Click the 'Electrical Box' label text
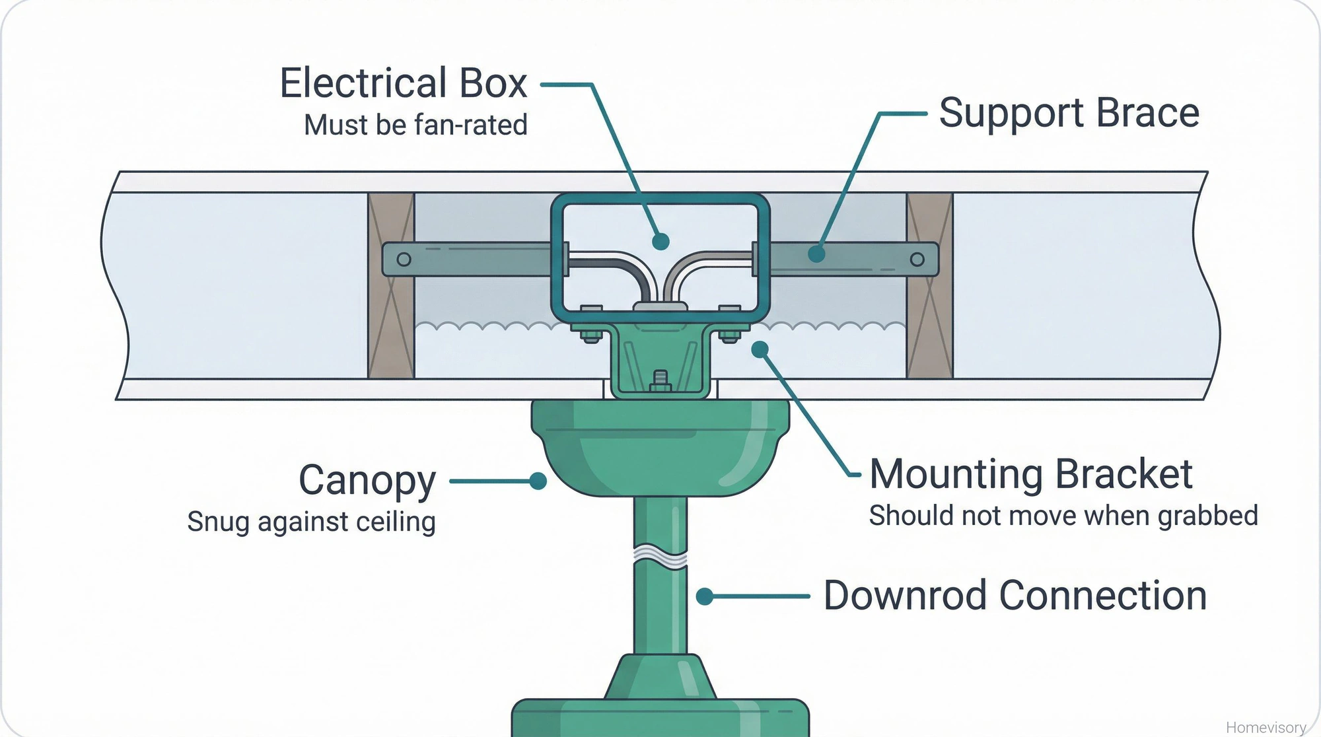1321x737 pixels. click(403, 83)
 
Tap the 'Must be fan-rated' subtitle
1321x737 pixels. click(415, 125)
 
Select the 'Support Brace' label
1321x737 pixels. click(1069, 113)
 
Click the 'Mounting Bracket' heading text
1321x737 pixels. click(1030, 474)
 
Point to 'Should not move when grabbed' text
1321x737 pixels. click(1063, 516)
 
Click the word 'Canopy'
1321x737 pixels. click(367, 480)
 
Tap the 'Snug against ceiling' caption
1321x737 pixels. click(311, 522)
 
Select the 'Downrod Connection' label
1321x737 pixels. click(1015, 596)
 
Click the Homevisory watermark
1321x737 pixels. click(1266, 727)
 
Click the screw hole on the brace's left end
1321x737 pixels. click(404, 260)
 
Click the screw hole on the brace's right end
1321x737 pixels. click(917, 260)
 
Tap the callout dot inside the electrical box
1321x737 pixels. click(660, 242)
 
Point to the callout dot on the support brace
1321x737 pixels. click(817, 254)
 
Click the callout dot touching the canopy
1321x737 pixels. click(538, 481)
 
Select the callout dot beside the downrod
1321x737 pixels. click(705, 596)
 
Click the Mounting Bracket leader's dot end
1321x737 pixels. click(760, 349)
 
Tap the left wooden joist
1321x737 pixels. click(391, 285)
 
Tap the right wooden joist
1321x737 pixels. click(929, 285)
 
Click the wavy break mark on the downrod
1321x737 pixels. click(660, 556)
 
